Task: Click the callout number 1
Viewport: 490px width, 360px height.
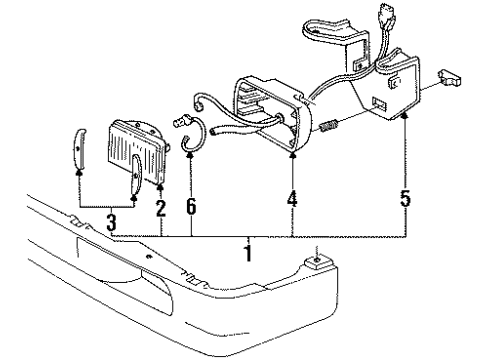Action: click(x=248, y=254)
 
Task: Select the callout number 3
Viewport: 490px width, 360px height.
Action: click(x=112, y=220)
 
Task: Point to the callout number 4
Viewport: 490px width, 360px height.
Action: click(x=292, y=200)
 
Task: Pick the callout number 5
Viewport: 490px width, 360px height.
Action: click(x=404, y=198)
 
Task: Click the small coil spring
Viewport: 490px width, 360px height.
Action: click(x=330, y=129)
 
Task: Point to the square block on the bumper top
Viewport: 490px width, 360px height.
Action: click(x=316, y=263)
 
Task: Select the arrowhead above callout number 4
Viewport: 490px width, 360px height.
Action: click(x=292, y=157)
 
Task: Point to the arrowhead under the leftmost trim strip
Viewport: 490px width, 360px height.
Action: click(x=78, y=171)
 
